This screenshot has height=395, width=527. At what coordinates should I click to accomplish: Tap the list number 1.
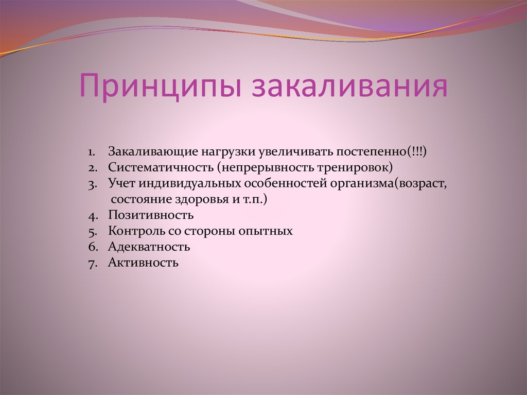[91, 152]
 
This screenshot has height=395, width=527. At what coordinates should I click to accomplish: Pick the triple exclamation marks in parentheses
[416, 152]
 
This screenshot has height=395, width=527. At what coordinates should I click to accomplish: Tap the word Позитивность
[150, 215]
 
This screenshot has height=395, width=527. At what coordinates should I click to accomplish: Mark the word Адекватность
[149, 247]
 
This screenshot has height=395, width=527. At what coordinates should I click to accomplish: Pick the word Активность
[143, 263]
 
